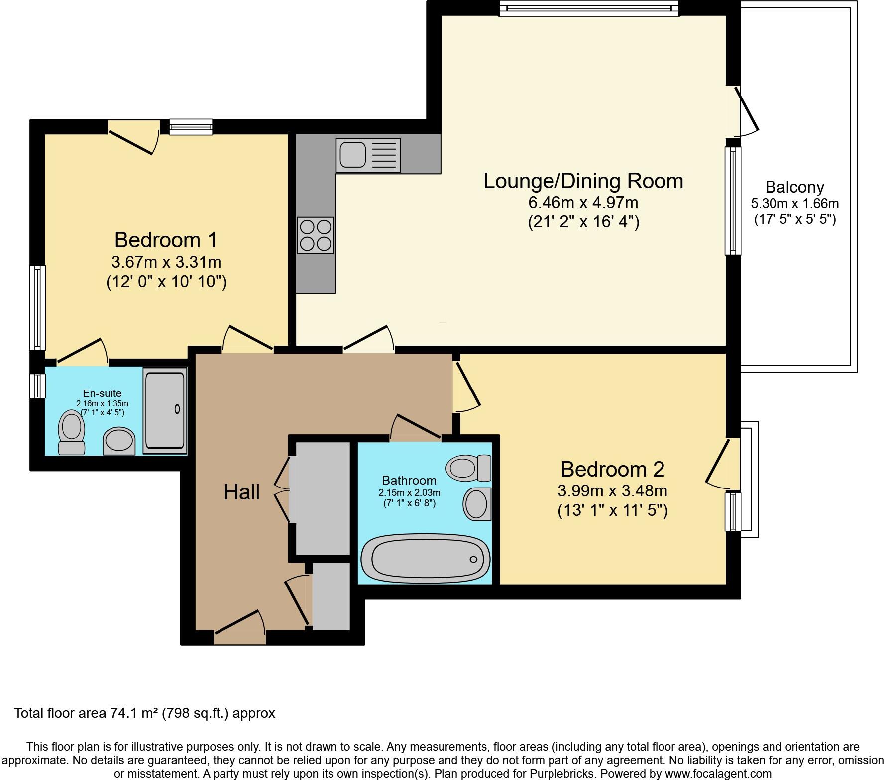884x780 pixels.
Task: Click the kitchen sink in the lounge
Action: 368,155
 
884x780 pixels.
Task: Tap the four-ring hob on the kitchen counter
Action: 316,235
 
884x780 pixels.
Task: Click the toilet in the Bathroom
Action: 469,468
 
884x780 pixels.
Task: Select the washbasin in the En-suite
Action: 119,440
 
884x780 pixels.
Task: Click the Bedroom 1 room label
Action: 166,240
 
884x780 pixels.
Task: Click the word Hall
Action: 241,492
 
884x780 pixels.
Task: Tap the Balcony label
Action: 794,187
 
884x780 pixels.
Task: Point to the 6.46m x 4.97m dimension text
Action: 583,203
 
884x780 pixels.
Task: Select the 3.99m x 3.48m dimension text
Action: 612,491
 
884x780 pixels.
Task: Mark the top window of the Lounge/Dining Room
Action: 589,8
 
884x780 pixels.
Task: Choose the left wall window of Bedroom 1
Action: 37,307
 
